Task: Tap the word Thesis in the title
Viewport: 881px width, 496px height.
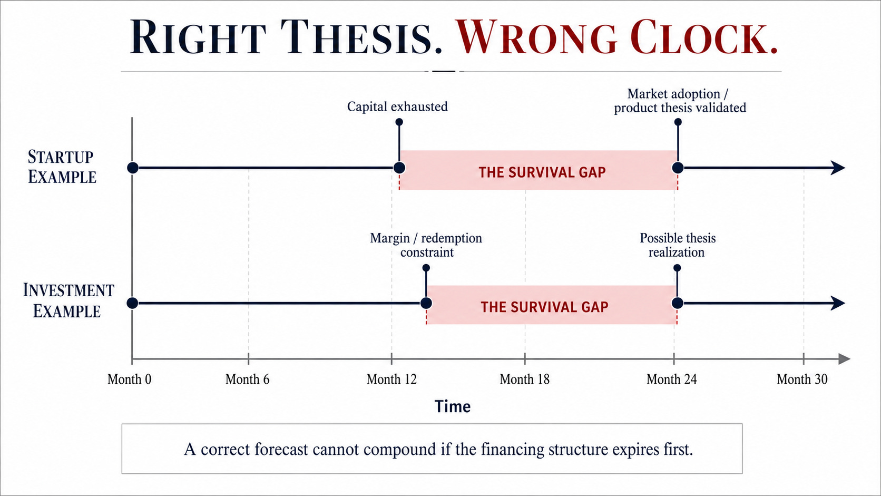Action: (x=361, y=37)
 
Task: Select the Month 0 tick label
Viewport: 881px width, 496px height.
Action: (x=130, y=379)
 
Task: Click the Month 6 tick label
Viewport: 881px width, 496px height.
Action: (x=248, y=379)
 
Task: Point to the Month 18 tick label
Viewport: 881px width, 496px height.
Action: (x=525, y=379)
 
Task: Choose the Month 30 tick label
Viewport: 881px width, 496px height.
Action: (x=802, y=379)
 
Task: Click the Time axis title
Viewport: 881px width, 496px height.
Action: (x=452, y=406)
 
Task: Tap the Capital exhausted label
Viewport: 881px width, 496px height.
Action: (x=397, y=106)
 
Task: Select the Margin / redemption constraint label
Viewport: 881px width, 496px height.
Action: (x=426, y=245)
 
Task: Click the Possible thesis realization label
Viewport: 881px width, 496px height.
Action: (x=677, y=245)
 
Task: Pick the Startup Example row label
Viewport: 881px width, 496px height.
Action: (x=62, y=167)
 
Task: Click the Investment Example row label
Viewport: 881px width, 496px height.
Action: (x=68, y=300)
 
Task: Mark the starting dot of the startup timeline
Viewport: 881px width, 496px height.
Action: (x=133, y=168)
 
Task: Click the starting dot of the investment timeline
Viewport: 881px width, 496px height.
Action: (x=133, y=303)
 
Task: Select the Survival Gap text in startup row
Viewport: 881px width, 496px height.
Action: (x=542, y=172)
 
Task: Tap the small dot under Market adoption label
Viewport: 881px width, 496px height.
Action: (x=678, y=122)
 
